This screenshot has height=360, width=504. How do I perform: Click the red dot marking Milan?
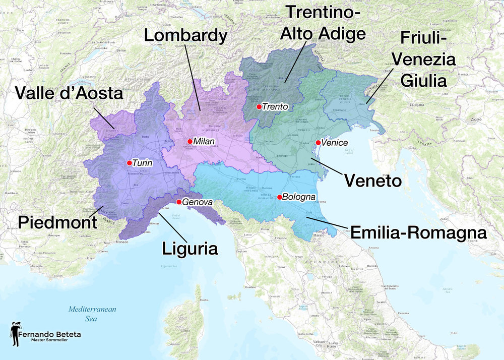190,141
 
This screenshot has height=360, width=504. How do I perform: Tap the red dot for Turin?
130,163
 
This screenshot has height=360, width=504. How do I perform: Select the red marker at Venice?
318,143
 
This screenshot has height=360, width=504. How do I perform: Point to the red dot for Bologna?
279,197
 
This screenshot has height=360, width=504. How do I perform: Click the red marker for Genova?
179,202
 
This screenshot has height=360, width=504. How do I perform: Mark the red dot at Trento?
259,107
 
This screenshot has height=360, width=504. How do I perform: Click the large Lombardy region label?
185,35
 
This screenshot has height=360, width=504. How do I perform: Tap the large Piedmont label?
57,222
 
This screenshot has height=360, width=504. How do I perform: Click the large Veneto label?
372,180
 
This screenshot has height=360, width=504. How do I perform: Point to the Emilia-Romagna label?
418,232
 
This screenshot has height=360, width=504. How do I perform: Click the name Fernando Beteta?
49,334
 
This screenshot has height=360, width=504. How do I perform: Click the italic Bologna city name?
299,197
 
